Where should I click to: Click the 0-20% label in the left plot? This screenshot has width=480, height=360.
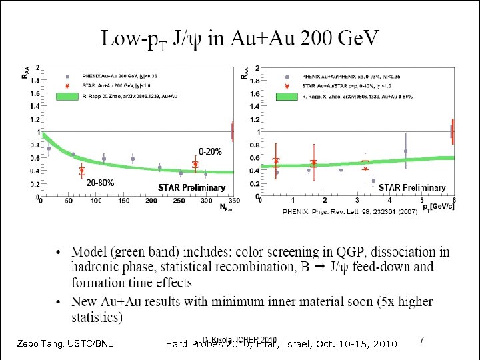click(209, 151)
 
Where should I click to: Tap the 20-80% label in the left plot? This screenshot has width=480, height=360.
click(100, 183)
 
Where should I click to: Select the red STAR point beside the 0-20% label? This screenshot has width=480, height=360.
click(195, 164)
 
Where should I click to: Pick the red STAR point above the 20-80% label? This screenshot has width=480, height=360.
click(82, 170)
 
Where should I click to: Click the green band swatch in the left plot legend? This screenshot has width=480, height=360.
click(68, 97)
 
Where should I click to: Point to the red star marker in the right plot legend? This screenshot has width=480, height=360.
click(287, 87)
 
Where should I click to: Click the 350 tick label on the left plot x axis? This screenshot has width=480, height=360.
click(233, 201)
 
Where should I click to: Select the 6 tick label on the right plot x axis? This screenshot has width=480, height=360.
click(453, 201)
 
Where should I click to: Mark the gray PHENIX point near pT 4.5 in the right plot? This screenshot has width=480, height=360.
click(405, 151)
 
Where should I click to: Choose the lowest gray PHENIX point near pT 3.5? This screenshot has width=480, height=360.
click(373, 181)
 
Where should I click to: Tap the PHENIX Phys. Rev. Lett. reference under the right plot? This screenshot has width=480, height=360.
click(350, 211)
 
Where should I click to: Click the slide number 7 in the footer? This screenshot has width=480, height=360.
click(423, 341)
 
